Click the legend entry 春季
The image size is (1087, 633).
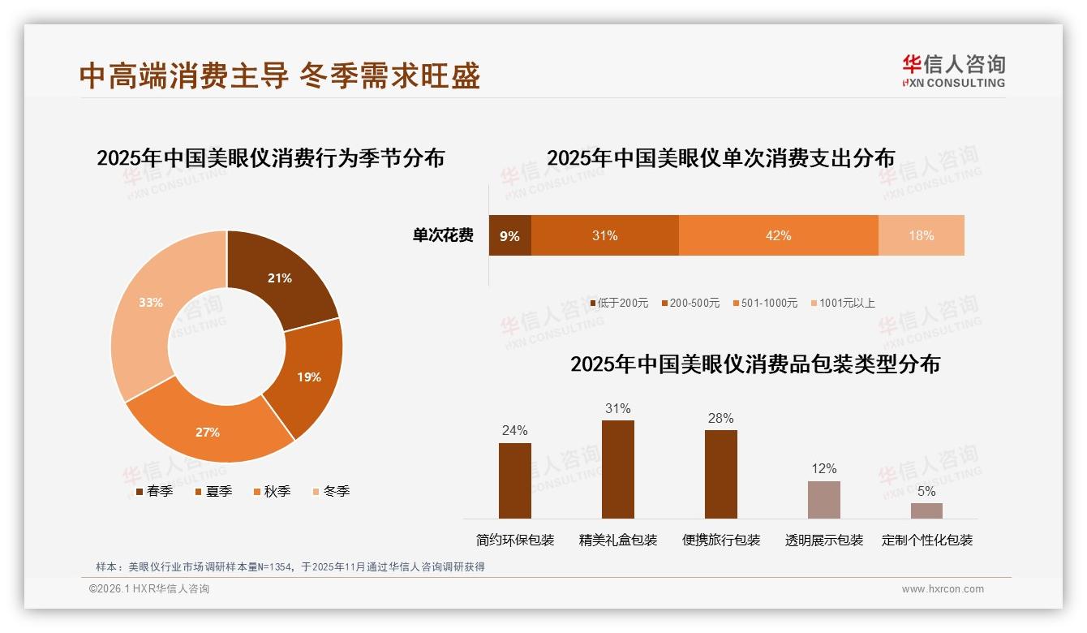[153, 491]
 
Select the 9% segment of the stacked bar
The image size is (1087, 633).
[509, 235]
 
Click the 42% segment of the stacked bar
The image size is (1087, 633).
[778, 235]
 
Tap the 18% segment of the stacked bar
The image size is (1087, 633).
[921, 235]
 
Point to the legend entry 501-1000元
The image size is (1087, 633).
[767, 303]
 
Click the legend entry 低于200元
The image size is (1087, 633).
[619, 303]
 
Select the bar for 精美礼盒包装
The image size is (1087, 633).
[618, 469]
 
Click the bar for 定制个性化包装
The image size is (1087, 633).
[926, 510]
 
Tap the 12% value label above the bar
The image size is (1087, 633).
[823, 468]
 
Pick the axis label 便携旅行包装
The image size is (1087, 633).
[721, 540]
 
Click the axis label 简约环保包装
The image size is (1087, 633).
[515, 540]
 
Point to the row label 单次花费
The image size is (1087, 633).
[443, 235]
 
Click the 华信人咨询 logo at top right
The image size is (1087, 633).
[953, 71]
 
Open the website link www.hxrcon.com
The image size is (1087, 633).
[943, 589]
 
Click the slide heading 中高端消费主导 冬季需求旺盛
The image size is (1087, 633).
[280, 75]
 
